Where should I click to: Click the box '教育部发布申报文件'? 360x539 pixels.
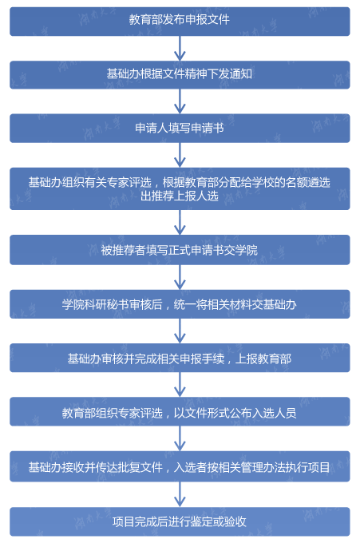pos(180,22)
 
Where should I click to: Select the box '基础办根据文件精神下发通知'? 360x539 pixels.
pos(180,75)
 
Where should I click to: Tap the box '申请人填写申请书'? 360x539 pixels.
pos(180,129)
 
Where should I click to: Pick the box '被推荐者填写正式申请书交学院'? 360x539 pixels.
pos(180,250)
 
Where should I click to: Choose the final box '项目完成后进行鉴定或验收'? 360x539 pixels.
pos(180,521)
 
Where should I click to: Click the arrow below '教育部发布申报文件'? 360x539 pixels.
pos(180,49)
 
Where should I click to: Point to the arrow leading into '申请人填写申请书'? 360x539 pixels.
pos(180,101)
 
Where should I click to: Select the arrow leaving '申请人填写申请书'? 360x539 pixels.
pos(180,155)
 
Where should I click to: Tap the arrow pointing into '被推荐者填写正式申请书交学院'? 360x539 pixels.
pos(180,223)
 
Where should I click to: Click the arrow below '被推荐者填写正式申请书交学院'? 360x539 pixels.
pos(180,277)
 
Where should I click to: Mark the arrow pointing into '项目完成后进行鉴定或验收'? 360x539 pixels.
pos(180,494)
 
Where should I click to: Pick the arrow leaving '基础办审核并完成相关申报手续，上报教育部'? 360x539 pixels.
pos(180,385)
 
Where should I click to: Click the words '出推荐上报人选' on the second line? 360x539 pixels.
pos(180,196)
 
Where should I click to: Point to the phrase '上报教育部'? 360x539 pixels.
pos(263,359)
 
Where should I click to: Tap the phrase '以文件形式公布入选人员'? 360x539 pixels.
pos(235,413)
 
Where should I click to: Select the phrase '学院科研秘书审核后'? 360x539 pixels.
pos(112,304)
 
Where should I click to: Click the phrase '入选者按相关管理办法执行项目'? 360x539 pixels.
pos(252,467)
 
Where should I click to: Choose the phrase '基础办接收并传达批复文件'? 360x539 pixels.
pos(96,467)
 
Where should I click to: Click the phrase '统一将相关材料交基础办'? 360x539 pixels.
pos(235,304)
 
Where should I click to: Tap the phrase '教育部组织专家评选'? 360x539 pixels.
pos(113,413)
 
